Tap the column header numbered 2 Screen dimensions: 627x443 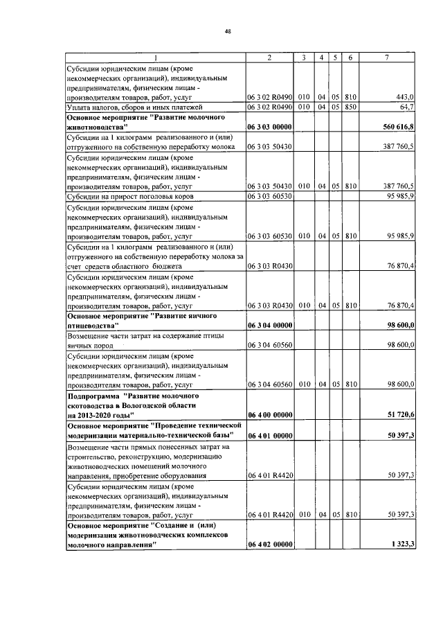click(269, 58)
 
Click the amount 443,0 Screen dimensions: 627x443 click(404, 97)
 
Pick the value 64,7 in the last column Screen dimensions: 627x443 click(406, 107)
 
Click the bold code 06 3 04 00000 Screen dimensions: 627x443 click(269, 325)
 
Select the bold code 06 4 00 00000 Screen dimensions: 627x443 click(269, 414)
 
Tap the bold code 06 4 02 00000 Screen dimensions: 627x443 click(269, 545)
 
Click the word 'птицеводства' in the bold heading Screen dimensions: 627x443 click(93, 325)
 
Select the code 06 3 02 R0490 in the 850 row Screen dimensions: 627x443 click(269, 107)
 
